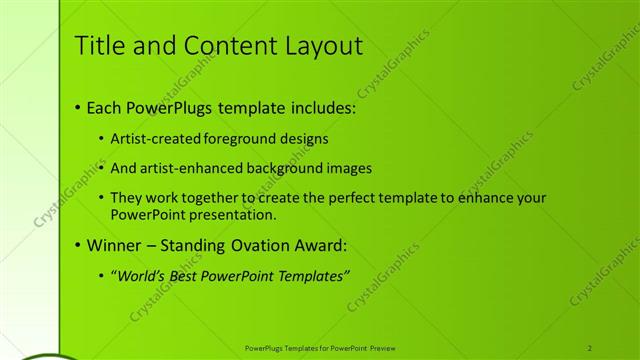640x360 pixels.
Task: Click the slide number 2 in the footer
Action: coord(590,347)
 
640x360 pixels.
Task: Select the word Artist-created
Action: coord(157,139)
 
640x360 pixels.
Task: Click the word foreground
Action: coord(242,139)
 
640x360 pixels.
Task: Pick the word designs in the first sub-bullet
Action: coord(306,139)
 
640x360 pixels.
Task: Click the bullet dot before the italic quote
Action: coord(102,275)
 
